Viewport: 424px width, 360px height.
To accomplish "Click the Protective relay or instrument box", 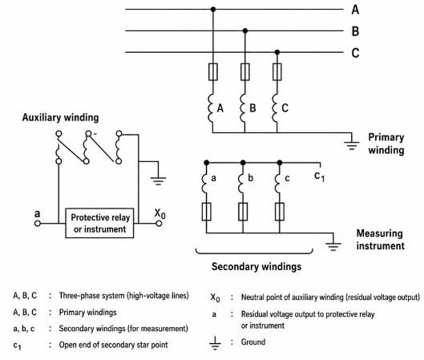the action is (x=99, y=223).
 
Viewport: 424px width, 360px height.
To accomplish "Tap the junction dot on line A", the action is (x=213, y=9).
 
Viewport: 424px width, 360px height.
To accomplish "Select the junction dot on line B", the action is (x=245, y=30).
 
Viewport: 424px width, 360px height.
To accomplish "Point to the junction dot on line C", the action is (x=277, y=52).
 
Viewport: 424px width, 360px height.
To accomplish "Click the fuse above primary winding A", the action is (x=213, y=72).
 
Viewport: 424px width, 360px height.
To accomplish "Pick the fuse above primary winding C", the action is (x=277, y=72).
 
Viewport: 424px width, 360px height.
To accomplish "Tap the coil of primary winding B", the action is (x=243, y=108).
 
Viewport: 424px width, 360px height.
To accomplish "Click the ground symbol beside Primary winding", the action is (x=351, y=144).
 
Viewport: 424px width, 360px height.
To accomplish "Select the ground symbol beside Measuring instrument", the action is (x=333, y=244).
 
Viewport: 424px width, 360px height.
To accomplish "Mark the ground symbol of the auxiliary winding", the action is (x=158, y=179).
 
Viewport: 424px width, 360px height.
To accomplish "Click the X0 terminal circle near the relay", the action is (x=159, y=224).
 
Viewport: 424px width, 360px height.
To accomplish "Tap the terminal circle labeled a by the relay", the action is (x=38, y=224).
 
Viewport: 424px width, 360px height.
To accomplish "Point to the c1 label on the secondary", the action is (x=319, y=176).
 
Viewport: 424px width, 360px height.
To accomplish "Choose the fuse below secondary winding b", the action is (x=243, y=212).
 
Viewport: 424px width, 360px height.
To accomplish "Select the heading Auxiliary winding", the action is (x=60, y=117).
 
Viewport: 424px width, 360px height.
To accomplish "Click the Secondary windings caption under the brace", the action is (x=256, y=267).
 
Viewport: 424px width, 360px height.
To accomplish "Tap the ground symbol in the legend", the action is (x=215, y=343).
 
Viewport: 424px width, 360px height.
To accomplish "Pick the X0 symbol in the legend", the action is (x=216, y=297).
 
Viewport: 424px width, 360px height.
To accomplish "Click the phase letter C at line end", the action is (x=355, y=52).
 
